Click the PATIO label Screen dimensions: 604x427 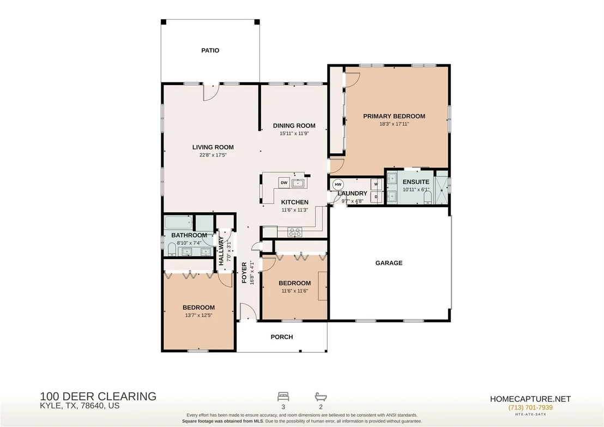pos(210,51)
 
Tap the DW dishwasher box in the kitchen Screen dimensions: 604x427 pos(284,183)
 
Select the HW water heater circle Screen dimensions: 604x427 pos(338,184)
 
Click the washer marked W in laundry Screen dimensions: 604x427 pos(376,184)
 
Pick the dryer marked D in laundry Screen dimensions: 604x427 pos(376,197)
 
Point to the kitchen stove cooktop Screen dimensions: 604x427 pos(295,232)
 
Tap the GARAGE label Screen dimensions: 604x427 pos(389,263)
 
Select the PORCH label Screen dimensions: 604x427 pos(282,337)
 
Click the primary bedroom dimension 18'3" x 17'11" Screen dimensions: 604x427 pos(394,124)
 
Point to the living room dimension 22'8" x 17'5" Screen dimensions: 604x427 pos(213,155)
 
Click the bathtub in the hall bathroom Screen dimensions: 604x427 pos(178,222)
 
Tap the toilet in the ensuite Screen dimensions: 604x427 pos(427,198)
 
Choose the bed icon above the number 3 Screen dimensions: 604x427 pos(283,396)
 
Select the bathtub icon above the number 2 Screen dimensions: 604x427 pos(321,396)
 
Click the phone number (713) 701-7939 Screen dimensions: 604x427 pos(530,408)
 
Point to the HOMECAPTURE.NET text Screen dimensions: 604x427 pos(530,399)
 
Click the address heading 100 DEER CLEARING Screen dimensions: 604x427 pos(98,396)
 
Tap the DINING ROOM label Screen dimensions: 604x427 pos(294,125)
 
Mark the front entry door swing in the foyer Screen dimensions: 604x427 pos(248,311)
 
